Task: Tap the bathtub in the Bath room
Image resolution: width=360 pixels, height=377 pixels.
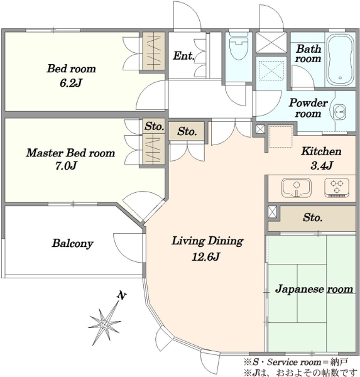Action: click(x=340, y=60)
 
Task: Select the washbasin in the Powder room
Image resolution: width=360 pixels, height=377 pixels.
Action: click(x=339, y=112)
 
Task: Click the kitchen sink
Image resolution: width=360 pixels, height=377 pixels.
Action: click(x=297, y=188)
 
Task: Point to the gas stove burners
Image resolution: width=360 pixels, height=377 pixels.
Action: click(x=337, y=187)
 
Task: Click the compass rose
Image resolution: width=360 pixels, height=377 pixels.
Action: click(x=104, y=324)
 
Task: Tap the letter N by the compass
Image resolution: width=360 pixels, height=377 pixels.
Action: click(x=122, y=296)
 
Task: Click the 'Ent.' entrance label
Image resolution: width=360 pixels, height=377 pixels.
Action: click(x=183, y=56)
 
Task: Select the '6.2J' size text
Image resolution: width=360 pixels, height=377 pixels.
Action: click(x=71, y=83)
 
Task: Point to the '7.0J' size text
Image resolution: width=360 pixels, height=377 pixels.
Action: click(x=66, y=166)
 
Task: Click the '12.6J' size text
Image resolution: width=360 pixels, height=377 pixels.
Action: click(x=206, y=257)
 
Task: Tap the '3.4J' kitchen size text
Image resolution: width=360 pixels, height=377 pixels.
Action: click(x=322, y=165)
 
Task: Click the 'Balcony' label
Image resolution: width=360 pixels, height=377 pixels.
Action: click(x=72, y=243)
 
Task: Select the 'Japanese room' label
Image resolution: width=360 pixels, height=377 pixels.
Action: click(x=314, y=289)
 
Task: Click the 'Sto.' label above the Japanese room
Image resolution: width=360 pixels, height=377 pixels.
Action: click(x=312, y=217)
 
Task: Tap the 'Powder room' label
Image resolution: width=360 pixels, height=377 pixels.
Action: click(x=308, y=108)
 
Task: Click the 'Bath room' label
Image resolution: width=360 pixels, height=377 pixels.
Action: click(x=308, y=53)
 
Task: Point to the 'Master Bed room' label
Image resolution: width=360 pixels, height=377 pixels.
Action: click(x=70, y=153)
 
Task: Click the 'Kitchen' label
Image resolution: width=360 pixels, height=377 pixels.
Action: click(x=321, y=151)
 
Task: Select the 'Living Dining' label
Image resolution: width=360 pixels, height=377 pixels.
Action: click(x=207, y=241)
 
